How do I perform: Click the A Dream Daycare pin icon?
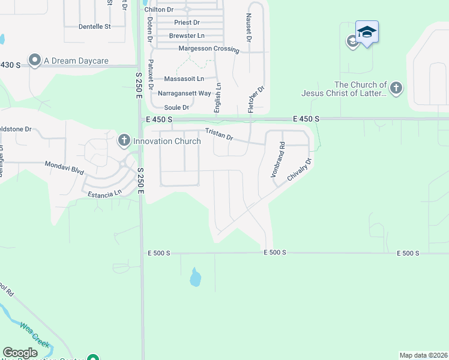pos(34,60)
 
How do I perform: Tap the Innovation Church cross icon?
pos(124,141)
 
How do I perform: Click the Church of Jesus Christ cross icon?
pos(396,89)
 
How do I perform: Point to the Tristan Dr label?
pos(219,133)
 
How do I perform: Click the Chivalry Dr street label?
pos(300,170)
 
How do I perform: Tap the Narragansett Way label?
pos(184,93)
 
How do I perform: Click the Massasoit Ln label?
pos(184,79)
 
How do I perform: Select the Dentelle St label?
pos(95,27)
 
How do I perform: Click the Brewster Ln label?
pos(187,35)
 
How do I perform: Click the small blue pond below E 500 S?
pos(195,277)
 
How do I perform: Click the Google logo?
pos(20,353)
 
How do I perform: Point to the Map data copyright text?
pos(423,355)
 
